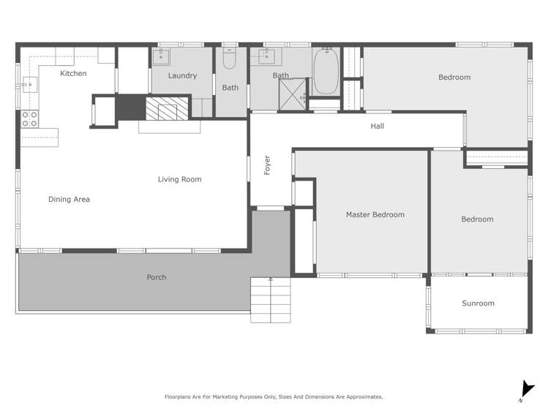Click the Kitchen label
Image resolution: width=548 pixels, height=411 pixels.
coord(73,73)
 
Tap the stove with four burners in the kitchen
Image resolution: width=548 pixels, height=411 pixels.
coord(29,118)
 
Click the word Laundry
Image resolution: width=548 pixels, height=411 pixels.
coord(182,75)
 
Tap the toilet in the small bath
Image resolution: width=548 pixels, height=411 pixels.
coord(230,59)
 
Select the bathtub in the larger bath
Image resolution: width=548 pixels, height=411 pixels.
coord(325,71)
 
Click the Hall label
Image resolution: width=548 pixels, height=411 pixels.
coord(377,126)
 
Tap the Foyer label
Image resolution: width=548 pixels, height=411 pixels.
coord(267,165)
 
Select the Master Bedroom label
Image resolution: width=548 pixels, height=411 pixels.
coord(375,214)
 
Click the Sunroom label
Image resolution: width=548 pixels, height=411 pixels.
coord(478,303)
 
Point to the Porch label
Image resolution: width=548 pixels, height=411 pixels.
coord(157,277)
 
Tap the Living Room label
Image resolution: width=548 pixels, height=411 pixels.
coord(179,179)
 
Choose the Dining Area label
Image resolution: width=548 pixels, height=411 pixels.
coord(69,199)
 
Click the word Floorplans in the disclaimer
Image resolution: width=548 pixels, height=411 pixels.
coord(180,396)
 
